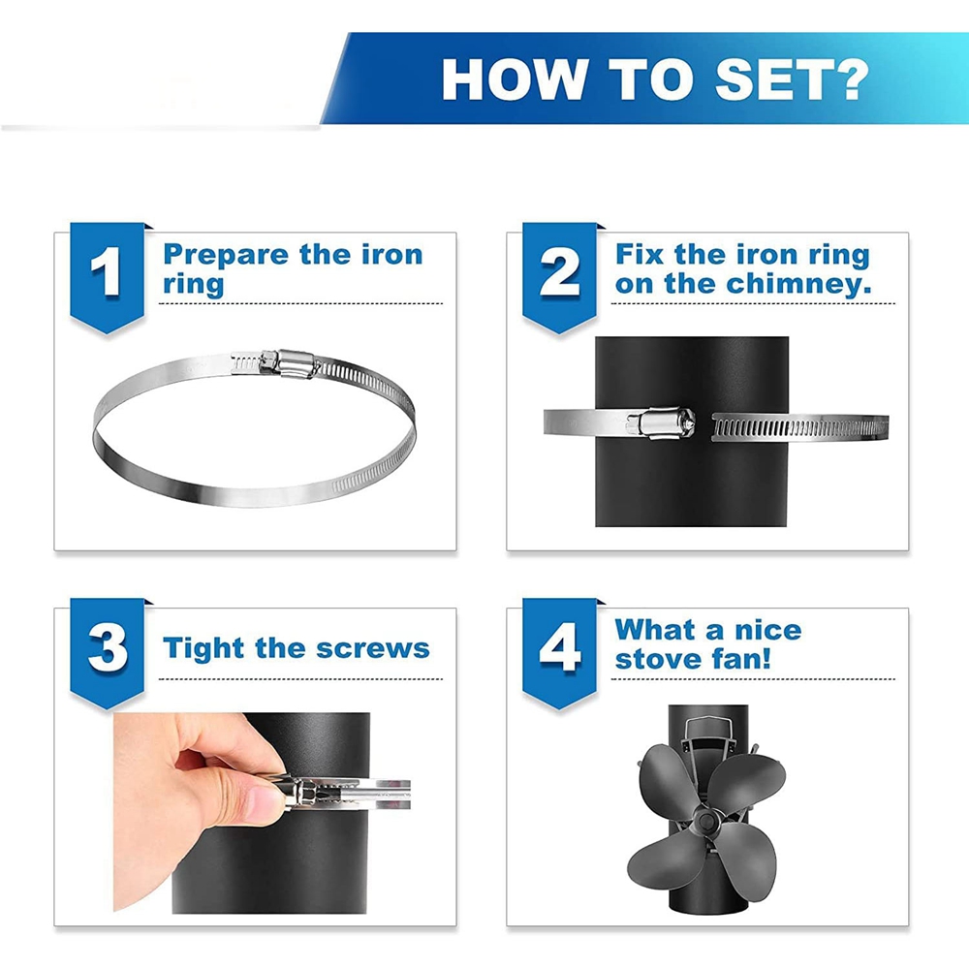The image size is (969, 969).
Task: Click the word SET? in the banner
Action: pyautogui.click(x=792, y=79)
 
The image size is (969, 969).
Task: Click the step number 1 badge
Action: pyautogui.click(x=107, y=277)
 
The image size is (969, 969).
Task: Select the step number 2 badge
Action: pyautogui.click(x=559, y=277)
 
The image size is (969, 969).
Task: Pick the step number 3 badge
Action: pyautogui.click(x=107, y=653)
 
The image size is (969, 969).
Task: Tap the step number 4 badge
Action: pyautogui.click(x=559, y=653)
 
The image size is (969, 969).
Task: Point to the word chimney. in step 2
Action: pyautogui.click(x=798, y=284)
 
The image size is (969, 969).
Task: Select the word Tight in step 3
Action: pyautogui.click(x=203, y=650)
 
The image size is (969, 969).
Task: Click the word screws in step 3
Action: pyautogui.click(x=373, y=649)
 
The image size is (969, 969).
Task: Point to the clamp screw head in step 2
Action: pyautogui.click(x=685, y=422)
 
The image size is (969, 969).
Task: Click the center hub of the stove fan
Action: pyautogui.click(x=703, y=820)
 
